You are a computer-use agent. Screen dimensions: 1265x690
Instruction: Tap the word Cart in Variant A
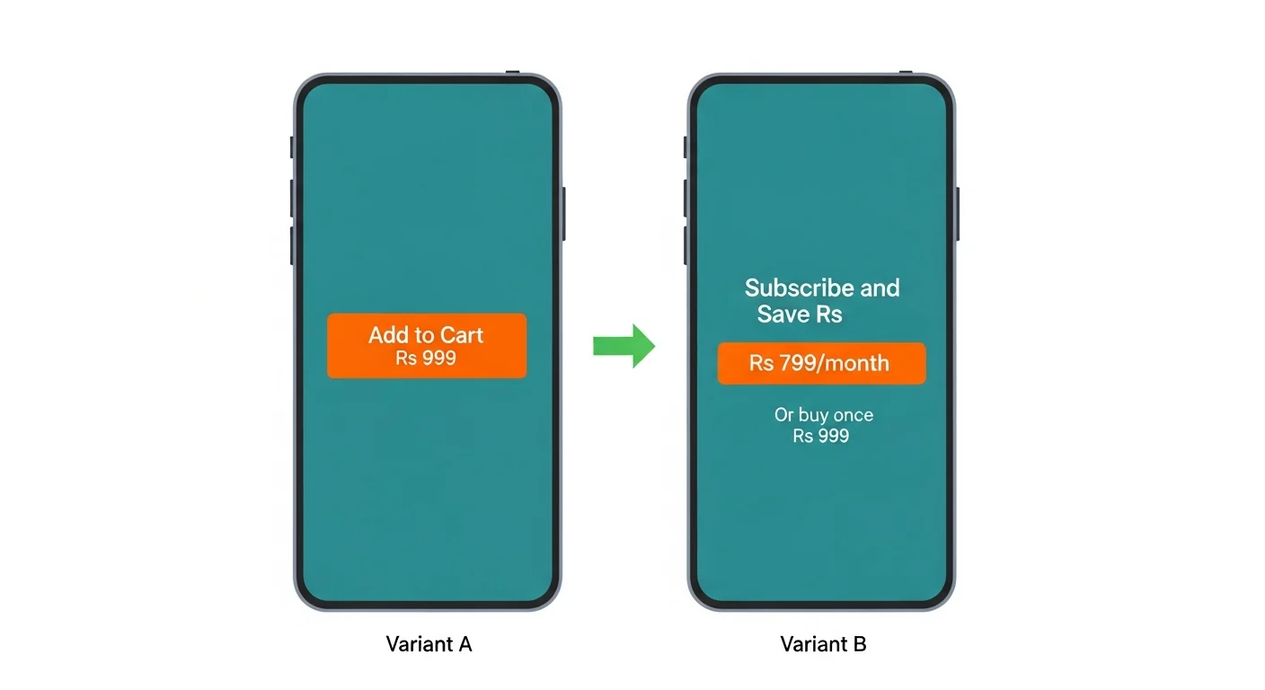coord(462,335)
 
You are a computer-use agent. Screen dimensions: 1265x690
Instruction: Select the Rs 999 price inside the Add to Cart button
coord(426,358)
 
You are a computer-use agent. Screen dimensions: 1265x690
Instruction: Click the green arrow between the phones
coord(624,346)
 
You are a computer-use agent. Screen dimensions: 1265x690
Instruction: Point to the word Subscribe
coord(799,288)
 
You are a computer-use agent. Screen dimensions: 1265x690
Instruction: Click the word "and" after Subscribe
coord(880,288)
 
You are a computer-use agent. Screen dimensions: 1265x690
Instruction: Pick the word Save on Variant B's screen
coord(783,314)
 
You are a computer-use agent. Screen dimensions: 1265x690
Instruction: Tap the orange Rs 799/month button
coord(822,363)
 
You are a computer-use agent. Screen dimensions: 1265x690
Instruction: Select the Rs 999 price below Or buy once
coord(821,436)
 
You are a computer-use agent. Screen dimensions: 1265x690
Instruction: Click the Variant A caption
coord(429,643)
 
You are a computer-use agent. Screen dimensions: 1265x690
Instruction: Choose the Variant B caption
coord(823,643)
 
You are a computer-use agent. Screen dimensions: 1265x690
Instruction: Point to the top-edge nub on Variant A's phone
coord(512,72)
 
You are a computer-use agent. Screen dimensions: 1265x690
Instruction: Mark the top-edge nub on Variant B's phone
coord(906,72)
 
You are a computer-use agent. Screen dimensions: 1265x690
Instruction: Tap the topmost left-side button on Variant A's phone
coord(292,146)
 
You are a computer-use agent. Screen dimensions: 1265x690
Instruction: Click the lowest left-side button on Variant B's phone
coord(686,245)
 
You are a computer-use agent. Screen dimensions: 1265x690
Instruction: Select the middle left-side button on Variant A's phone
coord(292,199)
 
